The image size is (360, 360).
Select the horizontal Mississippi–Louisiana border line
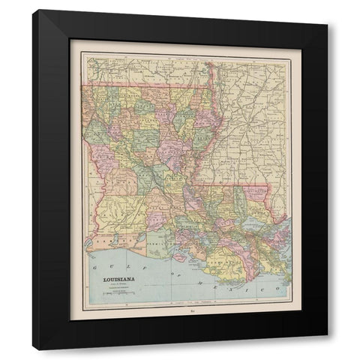[x=240, y=185]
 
